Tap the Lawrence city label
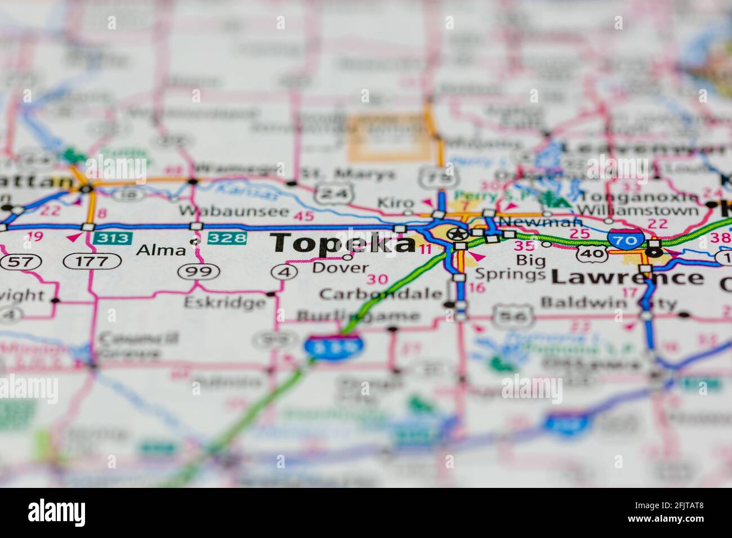tap(627, 277)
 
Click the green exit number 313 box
tap(113, 238)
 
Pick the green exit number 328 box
tap(227, 238)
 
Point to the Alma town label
tap(160, 249)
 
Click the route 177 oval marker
tap(92, 261)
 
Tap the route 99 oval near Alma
tap(198, 272)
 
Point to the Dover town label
tap(340, 268)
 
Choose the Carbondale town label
tap(380, 294)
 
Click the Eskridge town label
tap(224, 302)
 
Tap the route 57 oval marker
tap(15, 261)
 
